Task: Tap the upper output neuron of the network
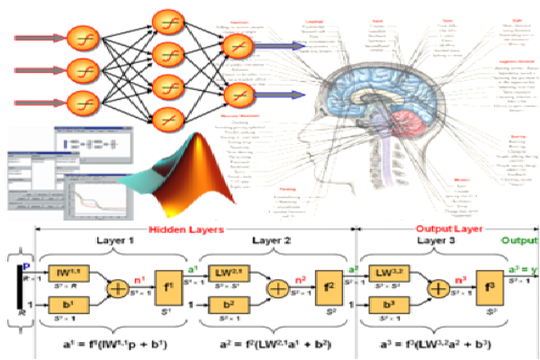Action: coord(237,44)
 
